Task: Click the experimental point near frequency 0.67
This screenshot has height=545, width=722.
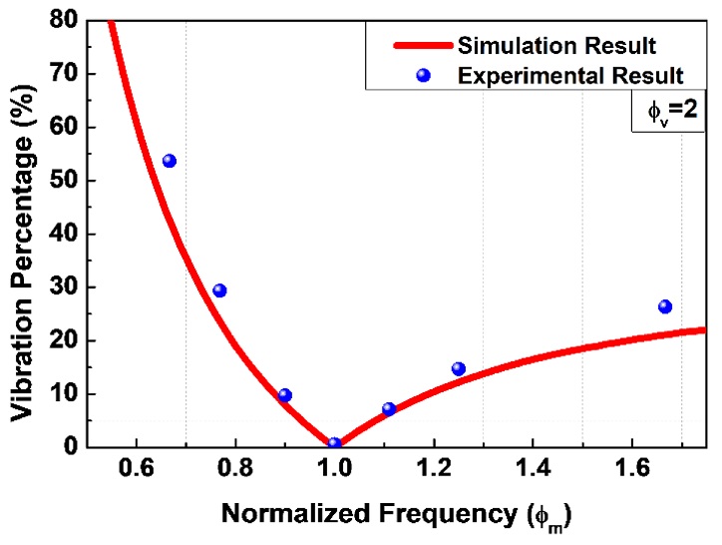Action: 170,161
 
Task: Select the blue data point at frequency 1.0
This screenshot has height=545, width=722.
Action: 334,444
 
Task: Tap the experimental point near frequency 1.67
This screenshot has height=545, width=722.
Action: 665,306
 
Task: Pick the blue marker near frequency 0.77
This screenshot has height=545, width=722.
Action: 219,290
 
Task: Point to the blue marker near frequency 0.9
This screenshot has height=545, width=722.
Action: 284,395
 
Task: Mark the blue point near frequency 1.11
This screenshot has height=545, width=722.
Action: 389,408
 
